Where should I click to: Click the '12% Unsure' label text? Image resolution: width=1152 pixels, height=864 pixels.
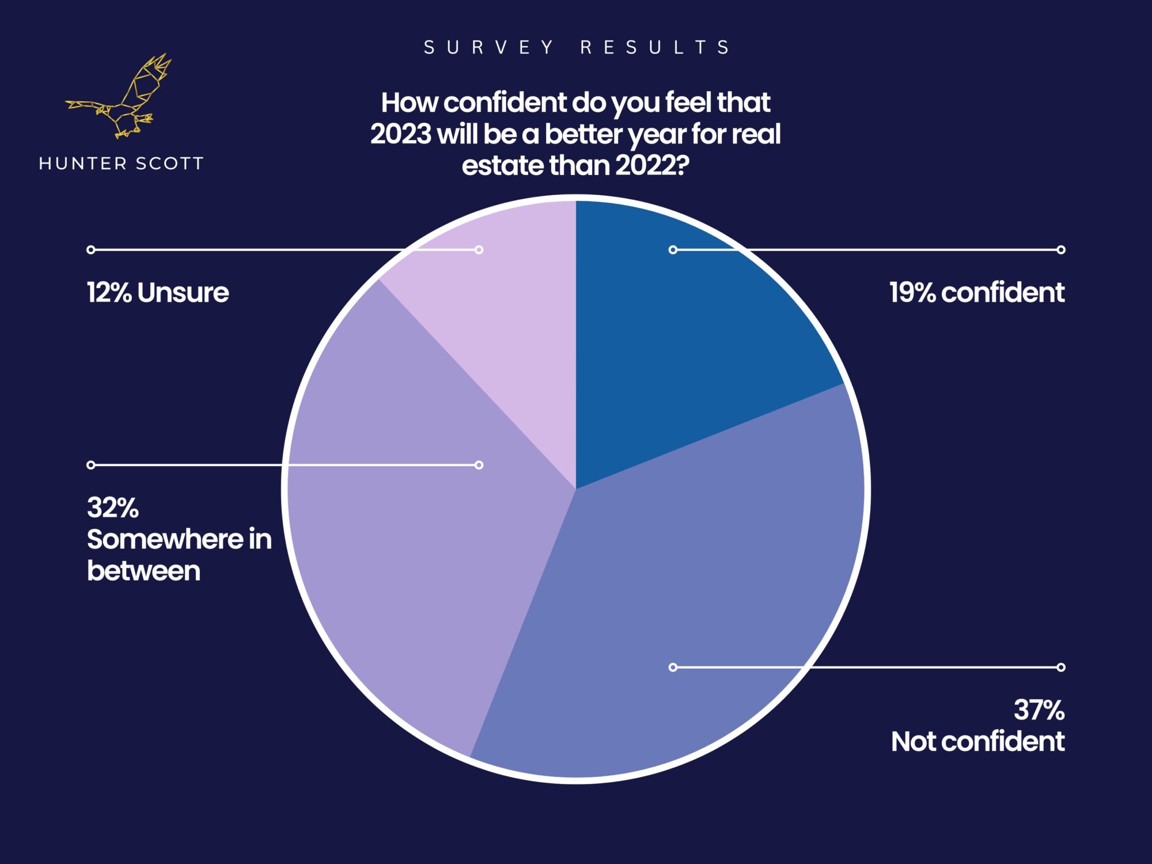click(x=158, y=293)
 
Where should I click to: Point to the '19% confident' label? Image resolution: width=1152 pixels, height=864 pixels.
click(x=977, y=293)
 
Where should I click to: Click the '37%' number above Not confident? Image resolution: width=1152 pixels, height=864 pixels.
click(x=1039, y=710)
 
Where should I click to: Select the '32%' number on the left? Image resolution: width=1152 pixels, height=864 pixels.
click(x=113, y=508)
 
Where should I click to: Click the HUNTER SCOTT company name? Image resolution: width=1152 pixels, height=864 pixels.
click(x=121, y=164)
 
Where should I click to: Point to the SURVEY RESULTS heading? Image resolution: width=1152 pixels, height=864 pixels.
click(x=576, y=47)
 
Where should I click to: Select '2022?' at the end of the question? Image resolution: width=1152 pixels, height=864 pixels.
click(x=652, y=166)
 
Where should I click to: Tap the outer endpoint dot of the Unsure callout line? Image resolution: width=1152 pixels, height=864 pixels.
click(x=91, y=249)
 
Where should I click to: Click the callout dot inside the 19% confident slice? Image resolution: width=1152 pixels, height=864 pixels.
click(x=673, y=249)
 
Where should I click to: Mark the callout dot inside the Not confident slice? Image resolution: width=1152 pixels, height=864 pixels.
click(x=673, y=667)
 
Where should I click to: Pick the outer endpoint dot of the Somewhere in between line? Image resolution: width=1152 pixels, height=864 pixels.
click(x=91, y=465)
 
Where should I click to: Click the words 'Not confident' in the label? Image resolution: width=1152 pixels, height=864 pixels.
click(x=977, y=741)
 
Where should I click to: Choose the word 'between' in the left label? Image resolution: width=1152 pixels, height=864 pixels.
click(x=144, y=571)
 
